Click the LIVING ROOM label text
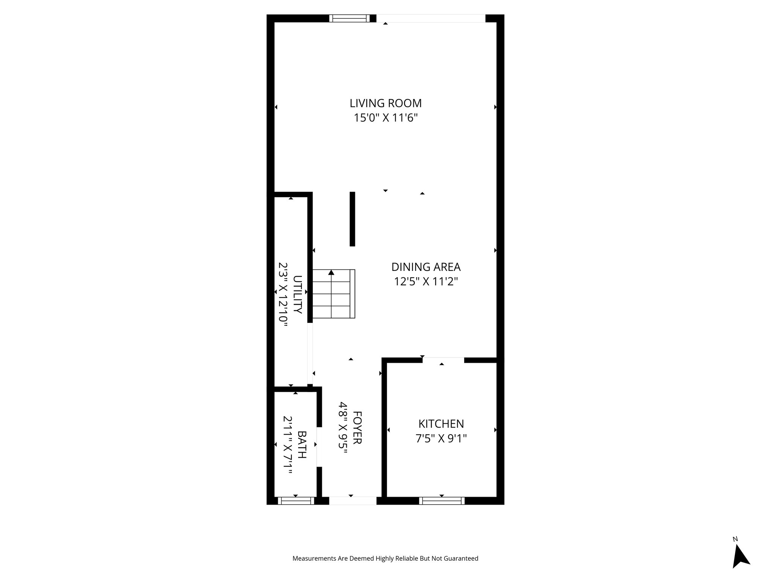pyautogui.click(x=385, y=103)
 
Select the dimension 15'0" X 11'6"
pyautogui.click(x=385, y=118)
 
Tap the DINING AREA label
pyautogui.click(x=426, y=267)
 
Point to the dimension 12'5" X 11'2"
pyautogui.click(x=426, y=281)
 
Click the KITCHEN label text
pyautogui.click(x=441, y=424)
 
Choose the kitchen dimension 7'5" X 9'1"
pyautogui.click(x=441, y=438)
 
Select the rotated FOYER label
pyautogui.click(x=357, y=427)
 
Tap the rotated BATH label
pyautogui.click(x=302, y=444)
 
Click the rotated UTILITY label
pyautogui.click(x=297, y=294)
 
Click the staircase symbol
pyautogui.click(x=334, y=294)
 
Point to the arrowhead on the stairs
pyautogui.click(x=331, y=272)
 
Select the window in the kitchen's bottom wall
pyautogui.click(x=442, y=500)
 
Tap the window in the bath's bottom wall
pyautogui.click(x=296, y=500)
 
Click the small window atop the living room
pyautogui.click(x=349, y=18)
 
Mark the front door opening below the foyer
pyautogui.click(x=352, y=500)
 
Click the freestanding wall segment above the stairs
pyautogui.click(x=352, y=219)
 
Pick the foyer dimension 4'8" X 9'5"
pyautogui.click(x=343, y=427)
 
